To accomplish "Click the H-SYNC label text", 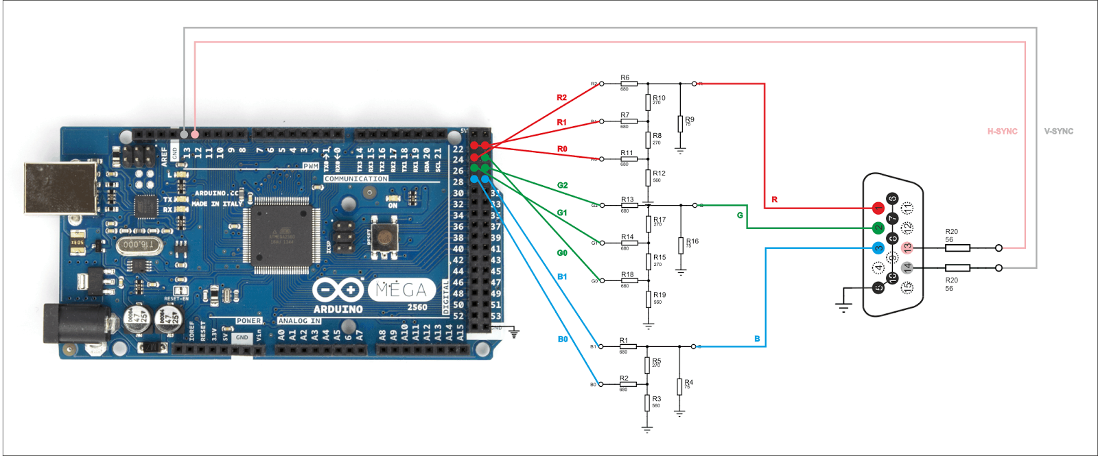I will pyautogui.click(x=1002, y=131).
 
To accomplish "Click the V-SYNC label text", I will pyautogui.click(x=1058, y=131).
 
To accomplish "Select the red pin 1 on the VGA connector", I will pyautogui.click(x=878, y=208).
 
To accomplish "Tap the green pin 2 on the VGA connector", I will pyautogui.click(x=878, y=228).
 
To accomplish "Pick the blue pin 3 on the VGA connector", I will pyautogui.click(x=878, y=248).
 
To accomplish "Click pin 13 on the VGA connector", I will pyautogui.click(x=907, y=248).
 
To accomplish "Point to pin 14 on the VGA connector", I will pyautogui.click(x=907, y=267).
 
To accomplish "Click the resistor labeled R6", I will pyautogui.click(x=629, y=84).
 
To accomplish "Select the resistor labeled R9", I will pyautogui.click(x=680, y=123).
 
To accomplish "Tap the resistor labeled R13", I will pyautogui.click(x=629, y=205).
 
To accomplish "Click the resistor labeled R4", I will pyautogui.click(x=679, y=387).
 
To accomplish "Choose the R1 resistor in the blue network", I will pyautogui.click(x=628, y=346).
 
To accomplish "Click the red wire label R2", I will pyautogui.click(x=561, y=97).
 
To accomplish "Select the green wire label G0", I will pyautogui.click(x=562, y=253).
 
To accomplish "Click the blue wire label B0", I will pyautogui.click(x=563, y=339).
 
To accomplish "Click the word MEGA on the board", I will pyautogui.click(x=401, y=290).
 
